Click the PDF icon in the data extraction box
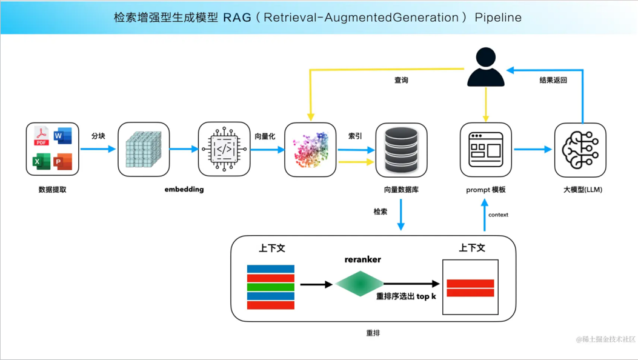(x=41, y=136)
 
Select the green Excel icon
(x=41, y=162)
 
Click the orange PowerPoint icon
(x=63, y=162)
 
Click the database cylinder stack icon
(x=401, y=149)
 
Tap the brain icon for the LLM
(x=580, y=149)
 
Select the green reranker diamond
(x=359, y=284)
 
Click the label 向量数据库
(x=401, y=190)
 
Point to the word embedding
(x=184, y=189)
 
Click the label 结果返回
(x=553, y=79)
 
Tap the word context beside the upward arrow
(x=498, y=215)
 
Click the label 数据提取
(x=52, y=190)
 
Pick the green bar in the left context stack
(x=271, y=287)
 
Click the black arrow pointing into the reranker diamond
(x=316, y=284)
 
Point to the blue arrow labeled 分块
(x=98, y=148)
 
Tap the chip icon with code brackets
(x=224, y=149)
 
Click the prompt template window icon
(x=486, y=149)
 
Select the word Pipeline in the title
(x=498, y=17)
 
